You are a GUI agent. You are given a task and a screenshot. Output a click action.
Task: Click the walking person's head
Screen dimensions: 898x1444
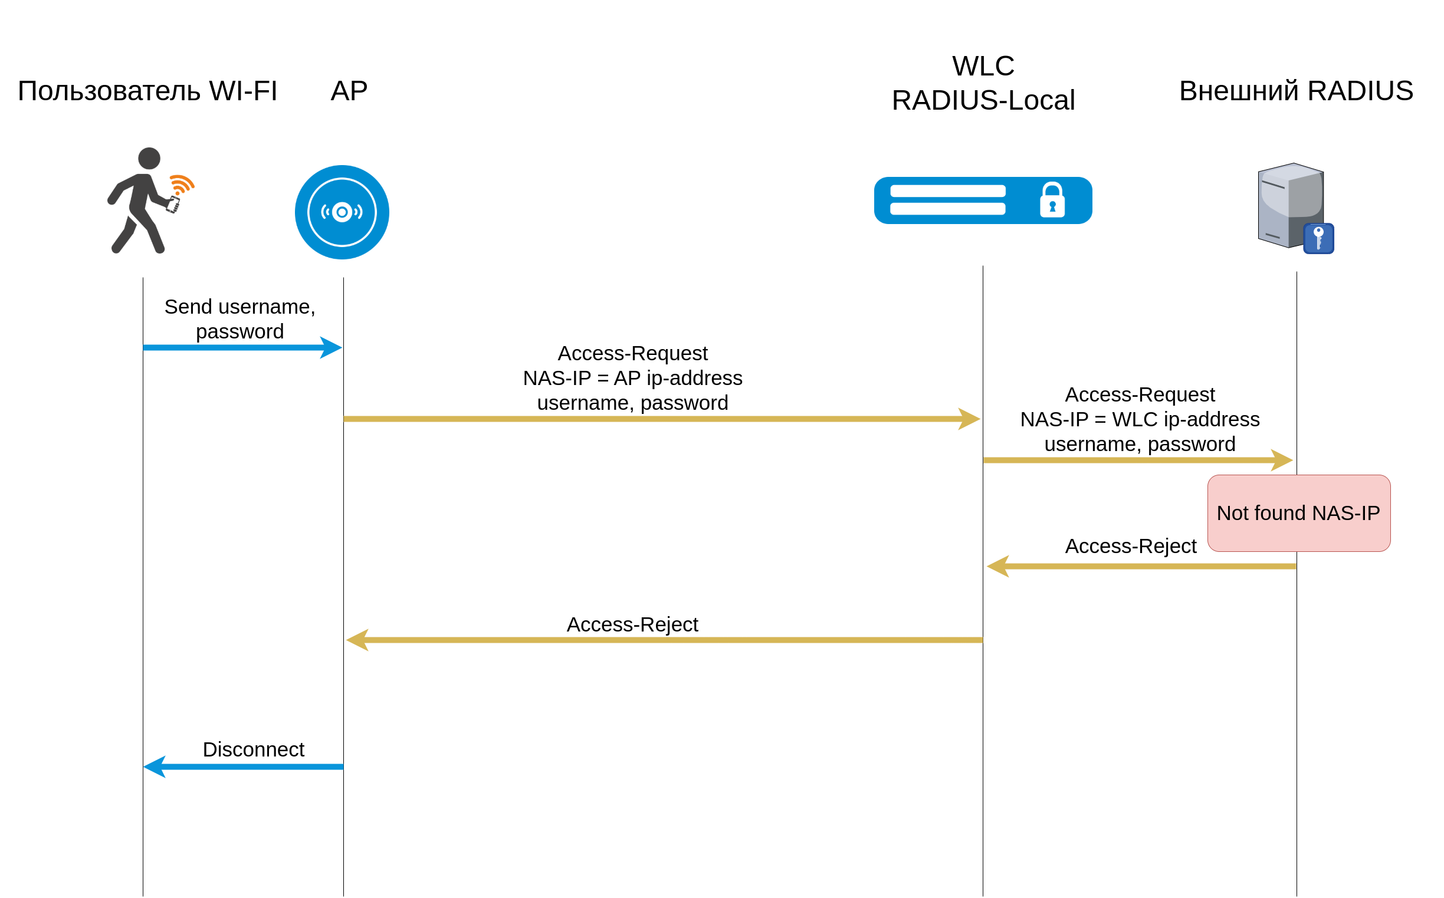point(149,159)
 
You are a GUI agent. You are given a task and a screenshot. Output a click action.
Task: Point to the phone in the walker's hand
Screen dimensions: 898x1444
point(173,205)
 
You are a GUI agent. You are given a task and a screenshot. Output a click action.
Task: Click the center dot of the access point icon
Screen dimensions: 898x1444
point(342,212)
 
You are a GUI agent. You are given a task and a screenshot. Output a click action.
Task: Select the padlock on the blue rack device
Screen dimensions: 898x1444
point(1052,200)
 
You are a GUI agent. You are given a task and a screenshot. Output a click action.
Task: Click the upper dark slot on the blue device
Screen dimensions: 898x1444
point(947,191)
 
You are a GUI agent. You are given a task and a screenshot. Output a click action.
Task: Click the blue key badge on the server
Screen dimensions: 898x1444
point(1319,238)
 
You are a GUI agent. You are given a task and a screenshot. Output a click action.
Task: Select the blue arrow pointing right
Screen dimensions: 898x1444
point(242,347)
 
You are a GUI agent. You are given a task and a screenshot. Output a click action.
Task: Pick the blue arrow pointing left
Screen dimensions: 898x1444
point(244,767)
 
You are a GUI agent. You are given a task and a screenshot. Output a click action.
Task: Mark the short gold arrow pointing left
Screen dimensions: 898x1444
point(1141,567)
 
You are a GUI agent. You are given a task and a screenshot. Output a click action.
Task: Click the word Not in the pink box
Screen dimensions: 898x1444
point(1231,513)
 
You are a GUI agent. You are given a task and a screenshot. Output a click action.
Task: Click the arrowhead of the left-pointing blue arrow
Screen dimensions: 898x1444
point(155,767)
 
